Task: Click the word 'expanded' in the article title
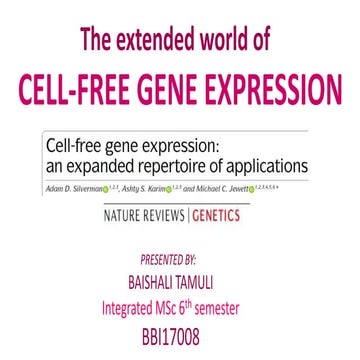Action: pyautogui.click(x=103, y=166)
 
